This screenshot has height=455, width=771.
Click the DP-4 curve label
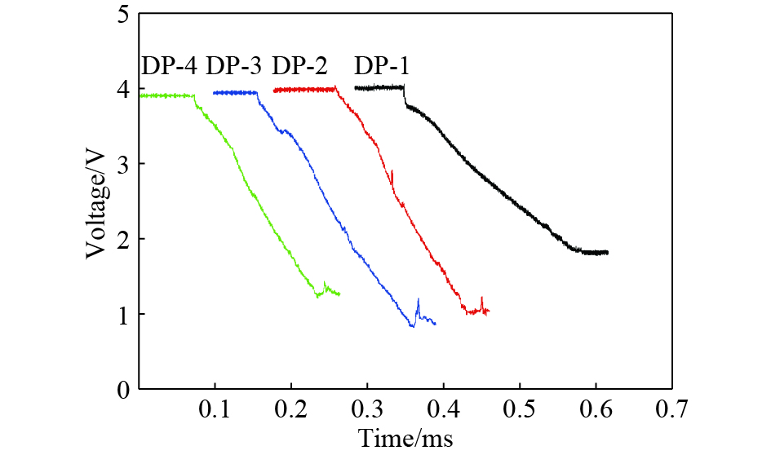click(170, 65)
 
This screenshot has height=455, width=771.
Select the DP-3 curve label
click(234, 65)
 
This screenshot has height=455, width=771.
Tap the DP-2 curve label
click(299, 65)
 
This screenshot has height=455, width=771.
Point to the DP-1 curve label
click(381, 65)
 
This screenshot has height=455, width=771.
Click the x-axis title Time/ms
click(405, 438)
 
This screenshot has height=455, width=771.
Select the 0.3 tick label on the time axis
click(367, 408)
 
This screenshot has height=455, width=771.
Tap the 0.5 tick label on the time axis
click(519, 408)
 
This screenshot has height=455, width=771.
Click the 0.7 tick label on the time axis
click(671, 408)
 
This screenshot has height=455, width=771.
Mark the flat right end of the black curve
click(596, 253)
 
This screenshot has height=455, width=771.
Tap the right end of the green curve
click(338, 294)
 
